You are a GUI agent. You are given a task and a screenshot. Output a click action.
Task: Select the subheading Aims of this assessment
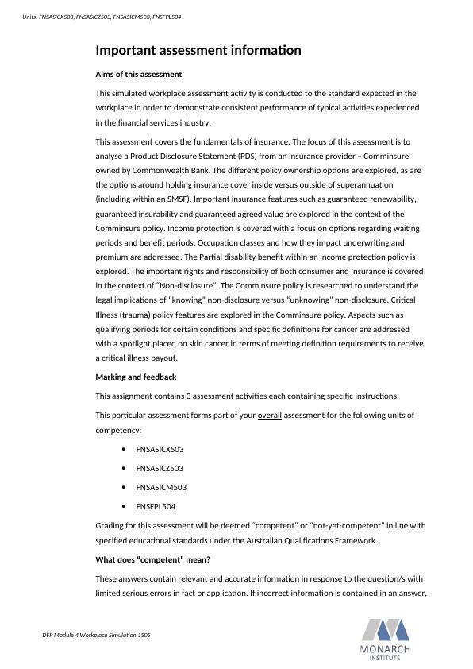(139, 74)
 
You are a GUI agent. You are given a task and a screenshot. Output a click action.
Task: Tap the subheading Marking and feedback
(136, 377)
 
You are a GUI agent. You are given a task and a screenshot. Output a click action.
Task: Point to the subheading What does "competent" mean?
(153, 559)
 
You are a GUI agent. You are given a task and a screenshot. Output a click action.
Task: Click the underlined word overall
(270, 415)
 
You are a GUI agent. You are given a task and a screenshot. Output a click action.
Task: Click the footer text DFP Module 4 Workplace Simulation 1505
(96, 636)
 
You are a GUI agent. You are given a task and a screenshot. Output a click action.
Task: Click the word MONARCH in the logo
(385, 650)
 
